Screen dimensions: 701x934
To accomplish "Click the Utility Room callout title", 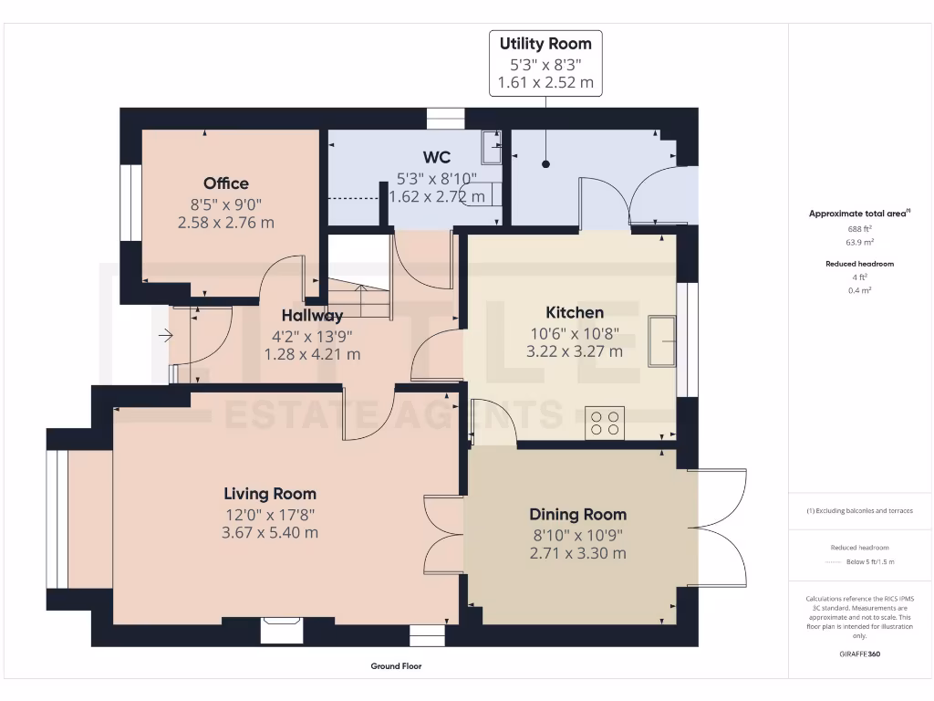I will [x=545, y=43].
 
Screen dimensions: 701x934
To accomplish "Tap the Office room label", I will [x=226, y=183].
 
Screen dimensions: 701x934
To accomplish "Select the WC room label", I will [x=437, y=157].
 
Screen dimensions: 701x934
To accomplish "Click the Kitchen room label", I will [x=575, y=312].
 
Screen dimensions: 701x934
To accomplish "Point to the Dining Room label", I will [x=577, y=514].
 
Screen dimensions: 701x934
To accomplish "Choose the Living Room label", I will [x=270, y=494].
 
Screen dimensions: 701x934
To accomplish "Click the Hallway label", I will [x=312, y=316].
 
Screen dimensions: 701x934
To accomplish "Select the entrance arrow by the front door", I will [x=165, y=336].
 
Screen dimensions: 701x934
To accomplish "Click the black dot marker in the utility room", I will [x=546, y=164].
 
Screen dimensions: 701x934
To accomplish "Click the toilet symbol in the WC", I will [x=484, y=194].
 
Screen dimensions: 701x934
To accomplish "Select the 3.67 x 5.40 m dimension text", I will [x=270, y=533].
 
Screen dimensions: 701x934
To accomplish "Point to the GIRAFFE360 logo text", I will [x=860, y=654].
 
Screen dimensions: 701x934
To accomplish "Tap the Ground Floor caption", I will [x=396, y=666].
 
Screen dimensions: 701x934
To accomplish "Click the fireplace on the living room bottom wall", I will [x=275, y=630].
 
